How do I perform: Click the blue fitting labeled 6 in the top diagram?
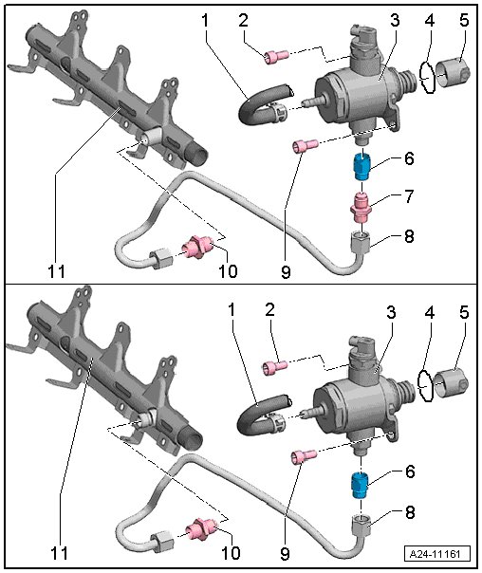pos(362,167)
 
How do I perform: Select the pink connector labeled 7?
pos(361,209)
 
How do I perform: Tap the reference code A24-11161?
pos(437,554)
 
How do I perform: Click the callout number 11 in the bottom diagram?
pos(59,553)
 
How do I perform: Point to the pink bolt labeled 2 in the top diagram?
pos(276,57)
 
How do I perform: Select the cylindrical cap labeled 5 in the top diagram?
pos(454,72)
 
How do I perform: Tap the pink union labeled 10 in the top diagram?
pos(198,247)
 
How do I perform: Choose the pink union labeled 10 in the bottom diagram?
pos(202,529)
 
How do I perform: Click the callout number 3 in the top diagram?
pos(395,21)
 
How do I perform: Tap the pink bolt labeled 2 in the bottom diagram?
pos(275,366)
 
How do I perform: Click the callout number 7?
pos(409,196)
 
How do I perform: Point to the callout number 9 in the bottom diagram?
pos(285,553)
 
